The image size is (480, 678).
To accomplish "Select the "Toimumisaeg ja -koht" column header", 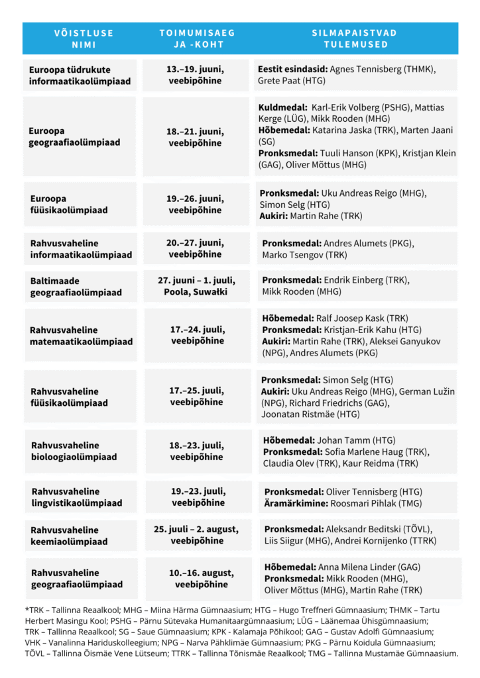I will [x=197, y=38].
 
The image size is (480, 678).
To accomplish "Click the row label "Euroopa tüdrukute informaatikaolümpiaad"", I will [x=80, y=75].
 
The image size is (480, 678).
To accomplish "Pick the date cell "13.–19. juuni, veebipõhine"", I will [x=195, y=75].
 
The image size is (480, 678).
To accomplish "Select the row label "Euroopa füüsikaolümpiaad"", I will [x=69, y=204].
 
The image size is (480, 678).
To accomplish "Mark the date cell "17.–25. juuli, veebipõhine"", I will [x=196, y=396].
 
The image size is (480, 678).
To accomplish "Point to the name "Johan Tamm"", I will [x=343, y=440].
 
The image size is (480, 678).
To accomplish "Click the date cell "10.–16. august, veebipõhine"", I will [x=201, y=579].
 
